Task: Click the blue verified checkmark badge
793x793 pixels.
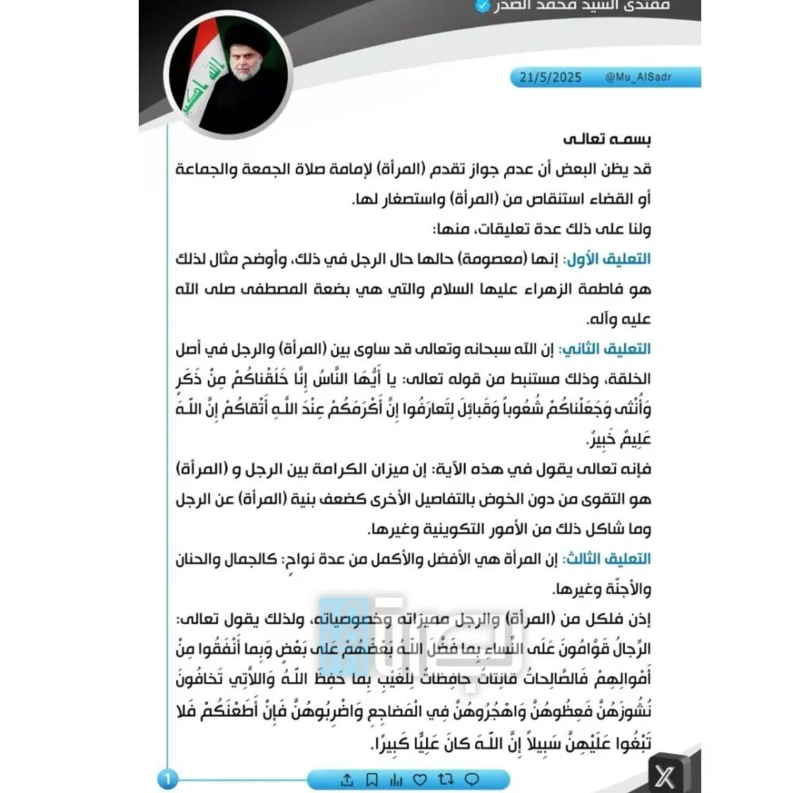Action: (481, 6)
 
